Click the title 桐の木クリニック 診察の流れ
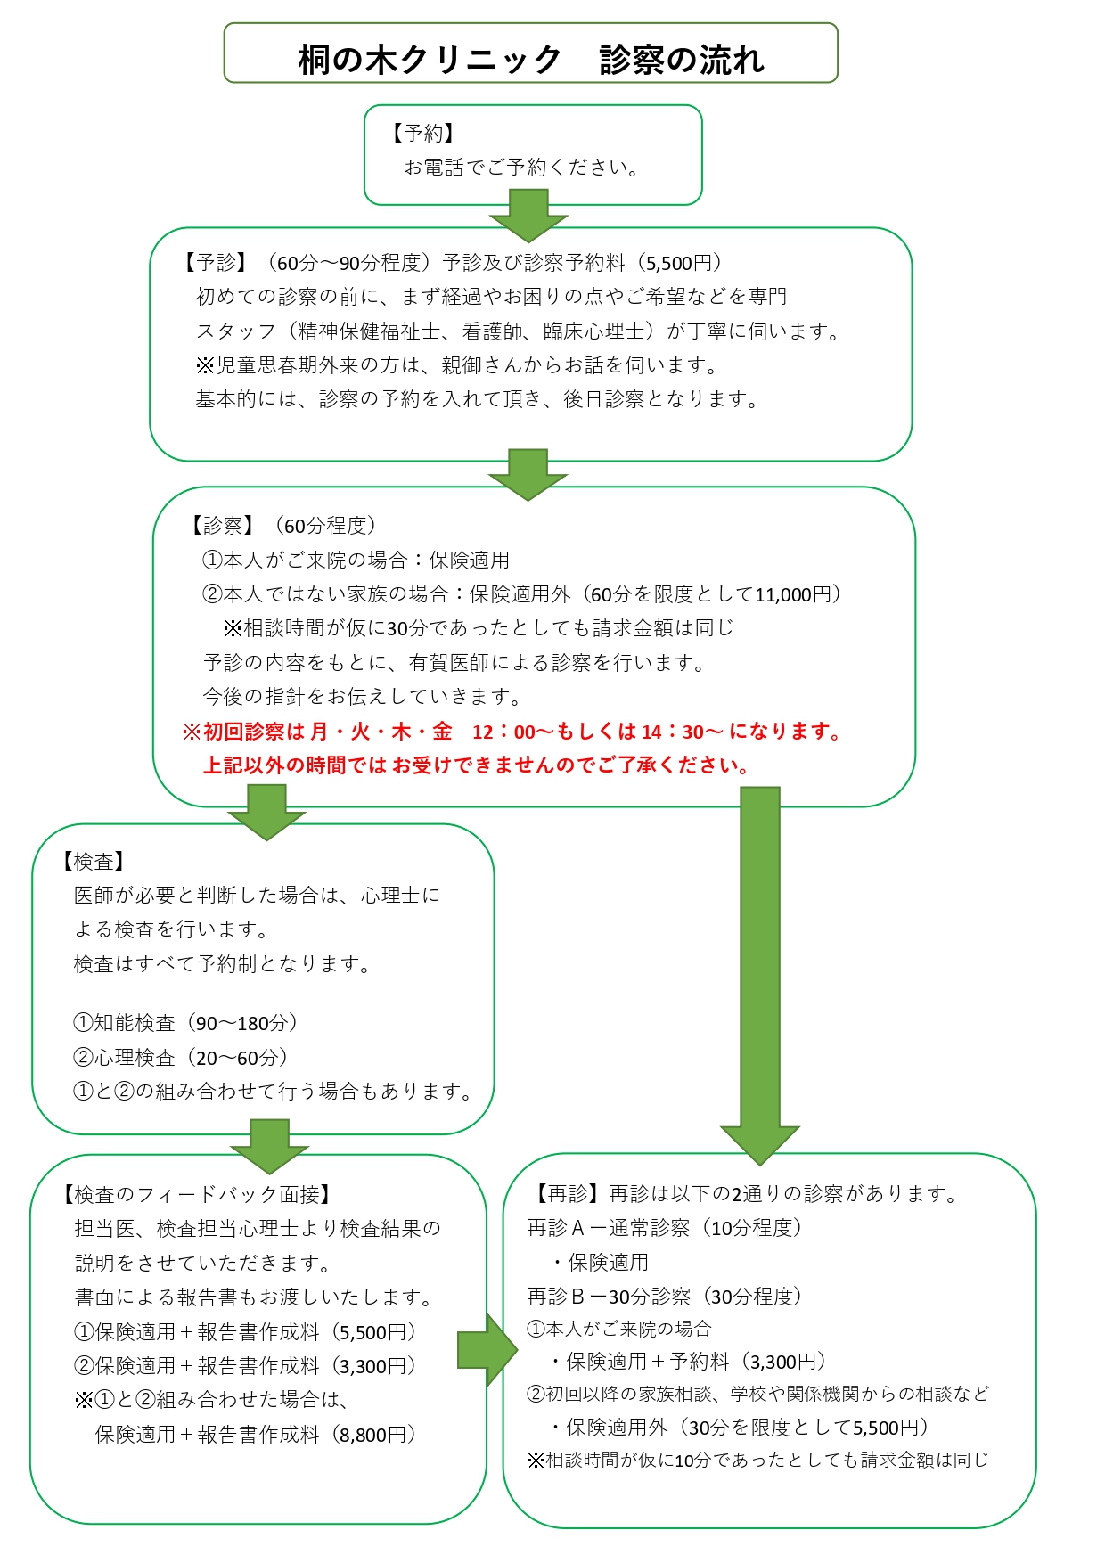[x=531, y=60]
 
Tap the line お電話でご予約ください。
[x=522, y=167]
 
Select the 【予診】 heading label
[x=215, y=262]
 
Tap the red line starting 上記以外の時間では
[x=477, y=765]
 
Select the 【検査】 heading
[x=93, y=862]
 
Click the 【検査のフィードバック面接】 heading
[x=196, y=1194]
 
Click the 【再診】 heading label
[x=566, y=1193]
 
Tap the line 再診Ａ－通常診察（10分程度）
[x=665, y=1228]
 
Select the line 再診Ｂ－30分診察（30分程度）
[x=665, y=1296]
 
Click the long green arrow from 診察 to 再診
[x=760, y=976]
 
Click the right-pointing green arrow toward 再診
[x=487, y=1350]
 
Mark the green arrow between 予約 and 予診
[x=528, y=216]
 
